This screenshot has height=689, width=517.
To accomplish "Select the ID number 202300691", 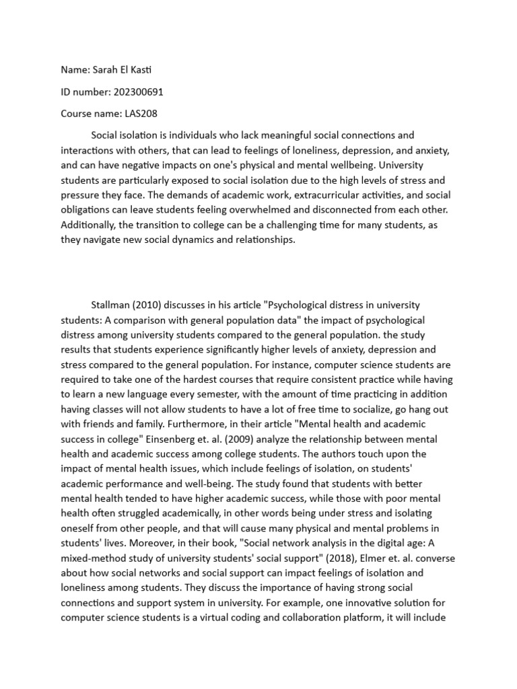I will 139,92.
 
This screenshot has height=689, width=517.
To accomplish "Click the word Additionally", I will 88,225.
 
